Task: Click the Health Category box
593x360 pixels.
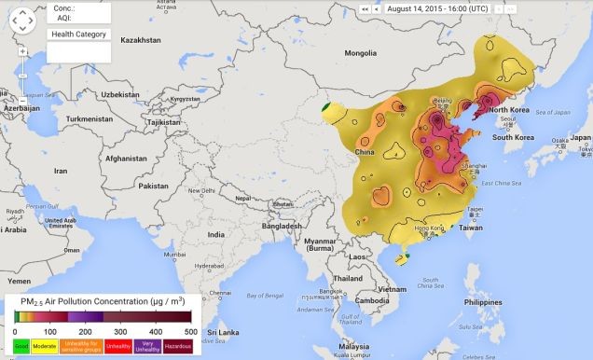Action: point(78,35)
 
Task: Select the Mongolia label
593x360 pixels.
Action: point(360,53)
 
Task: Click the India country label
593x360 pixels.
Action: point(216,235)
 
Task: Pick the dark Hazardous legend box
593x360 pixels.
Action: point(178,346)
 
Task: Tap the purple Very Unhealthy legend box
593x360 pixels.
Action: point(146,346)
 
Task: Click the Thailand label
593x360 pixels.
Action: point(347,278)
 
